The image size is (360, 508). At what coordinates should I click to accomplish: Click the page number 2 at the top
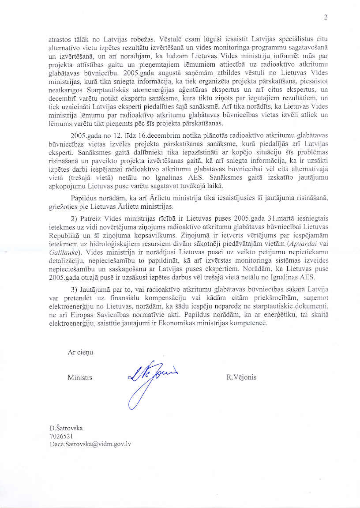[x=326, y=18]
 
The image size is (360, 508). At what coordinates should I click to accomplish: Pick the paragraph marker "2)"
[x=75, y=218]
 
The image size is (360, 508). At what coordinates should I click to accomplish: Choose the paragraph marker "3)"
[x=75, y=289]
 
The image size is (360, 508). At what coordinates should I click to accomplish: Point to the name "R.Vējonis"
[x=241, y=377]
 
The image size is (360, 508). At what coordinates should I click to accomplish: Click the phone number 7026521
[x=61, y=436]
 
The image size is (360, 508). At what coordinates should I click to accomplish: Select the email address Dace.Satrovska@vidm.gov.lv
[x=90, y=444]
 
